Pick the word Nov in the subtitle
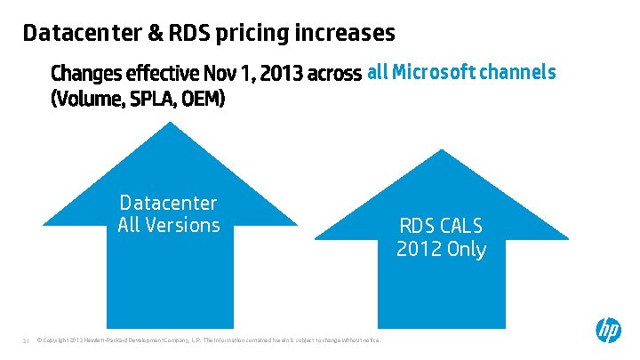[220, 72]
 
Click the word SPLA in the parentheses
[156, 99]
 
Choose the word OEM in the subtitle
[204, 99]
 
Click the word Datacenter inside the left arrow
[168, 204]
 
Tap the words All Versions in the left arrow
[168, 225]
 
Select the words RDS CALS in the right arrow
[441, 226]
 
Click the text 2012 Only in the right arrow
[441, 249]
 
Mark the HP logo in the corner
[608, 330]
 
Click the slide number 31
[26, 340]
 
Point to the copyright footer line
[209, 340]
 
